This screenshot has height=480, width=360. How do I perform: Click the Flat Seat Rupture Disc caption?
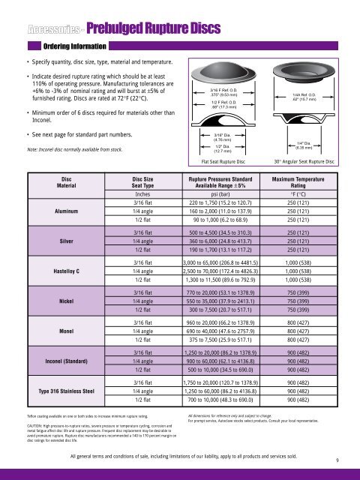coord(223,161)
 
